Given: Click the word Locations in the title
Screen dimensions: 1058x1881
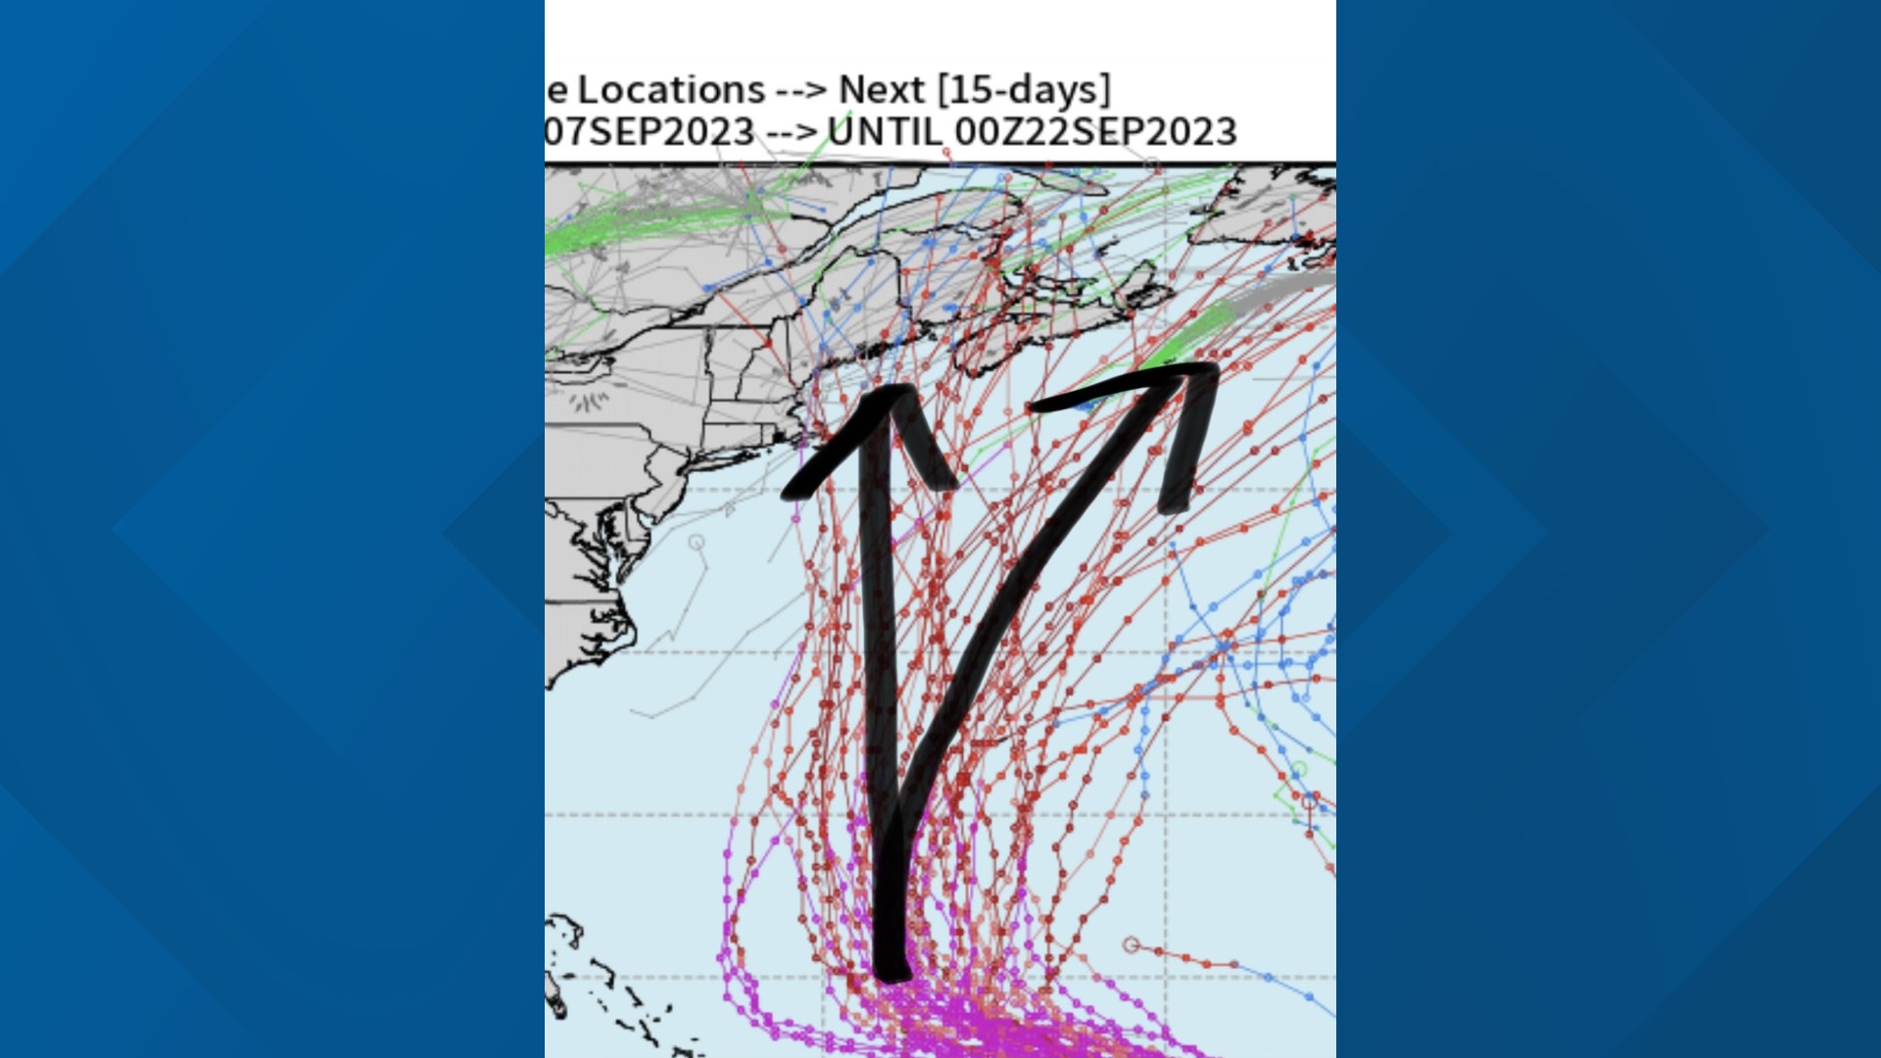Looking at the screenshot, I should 671,90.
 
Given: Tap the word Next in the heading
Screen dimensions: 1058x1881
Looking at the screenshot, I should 882,90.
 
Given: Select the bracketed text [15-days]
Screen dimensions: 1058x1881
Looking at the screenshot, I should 1025,90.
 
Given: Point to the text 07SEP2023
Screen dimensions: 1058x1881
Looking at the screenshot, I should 649,132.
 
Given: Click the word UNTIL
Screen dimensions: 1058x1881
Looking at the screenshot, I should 886,132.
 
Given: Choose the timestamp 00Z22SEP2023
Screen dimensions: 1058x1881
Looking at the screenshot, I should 1095,132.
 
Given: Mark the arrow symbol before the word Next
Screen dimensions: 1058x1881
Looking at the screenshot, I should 800,91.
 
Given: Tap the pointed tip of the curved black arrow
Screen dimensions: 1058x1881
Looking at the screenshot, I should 1209,371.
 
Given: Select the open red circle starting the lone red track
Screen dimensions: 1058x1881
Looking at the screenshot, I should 1131,945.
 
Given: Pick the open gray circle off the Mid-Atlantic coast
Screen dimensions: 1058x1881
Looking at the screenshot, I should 697,542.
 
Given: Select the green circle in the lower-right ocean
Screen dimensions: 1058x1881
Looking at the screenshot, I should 1298,769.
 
